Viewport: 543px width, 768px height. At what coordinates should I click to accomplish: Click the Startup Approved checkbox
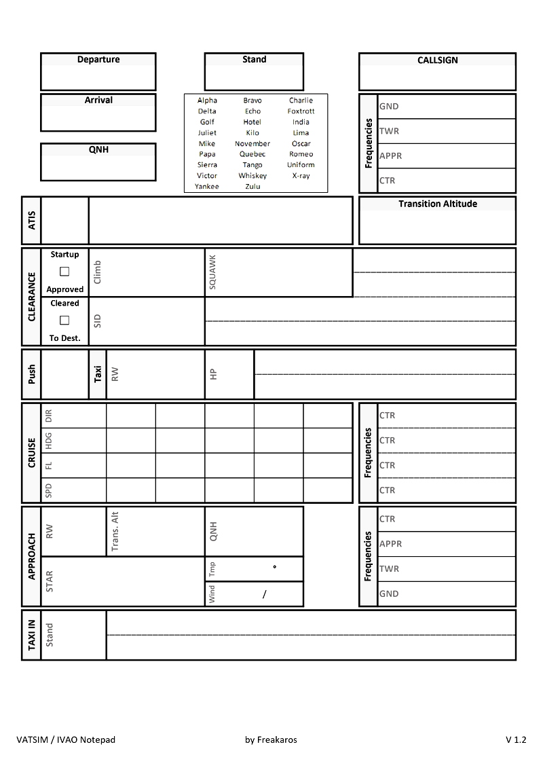click(64, 272)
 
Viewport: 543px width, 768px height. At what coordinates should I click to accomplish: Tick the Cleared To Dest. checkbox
click(64, 321)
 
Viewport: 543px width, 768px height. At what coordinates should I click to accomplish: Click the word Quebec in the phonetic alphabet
click(252, 154)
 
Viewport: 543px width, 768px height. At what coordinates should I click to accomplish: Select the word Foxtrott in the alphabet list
click(301, 111)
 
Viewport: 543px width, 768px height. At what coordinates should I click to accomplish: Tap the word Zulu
click(252, 187)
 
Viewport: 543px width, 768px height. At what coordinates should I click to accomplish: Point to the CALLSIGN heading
click(437, 60)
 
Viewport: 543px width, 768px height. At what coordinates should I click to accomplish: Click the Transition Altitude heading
click(437, 204)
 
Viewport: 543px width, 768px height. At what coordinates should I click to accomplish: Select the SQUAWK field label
click(212, 272)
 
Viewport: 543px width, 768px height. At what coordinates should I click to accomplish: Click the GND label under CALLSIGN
click(389, 107)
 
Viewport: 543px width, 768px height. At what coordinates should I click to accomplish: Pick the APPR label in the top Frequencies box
click(390, 156)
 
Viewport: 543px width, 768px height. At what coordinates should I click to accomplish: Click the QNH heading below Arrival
click(98, 150)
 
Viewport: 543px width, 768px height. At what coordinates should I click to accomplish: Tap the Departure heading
click(98, 60)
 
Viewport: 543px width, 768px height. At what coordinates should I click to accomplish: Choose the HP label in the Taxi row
click(212, 374)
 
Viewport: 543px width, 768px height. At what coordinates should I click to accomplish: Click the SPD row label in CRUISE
click(48, 490)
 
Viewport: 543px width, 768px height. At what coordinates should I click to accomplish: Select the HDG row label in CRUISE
click(48, 441)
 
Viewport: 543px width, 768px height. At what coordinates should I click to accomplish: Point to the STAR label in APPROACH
click(50, 581)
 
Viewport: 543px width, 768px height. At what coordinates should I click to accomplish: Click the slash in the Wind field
click(265, 595)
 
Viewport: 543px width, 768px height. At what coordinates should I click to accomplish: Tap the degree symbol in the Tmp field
click(274, 566)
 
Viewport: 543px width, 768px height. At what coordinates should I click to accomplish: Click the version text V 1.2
click(515, 740)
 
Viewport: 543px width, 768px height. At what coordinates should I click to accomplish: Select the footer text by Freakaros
click(271, 740)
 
